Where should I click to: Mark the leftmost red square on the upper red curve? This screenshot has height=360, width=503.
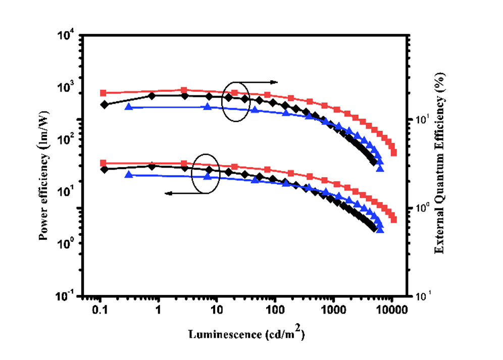[103, 93]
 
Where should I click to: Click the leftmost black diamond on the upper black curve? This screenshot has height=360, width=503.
[105, 105]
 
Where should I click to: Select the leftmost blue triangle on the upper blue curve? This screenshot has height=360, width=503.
[128, 107]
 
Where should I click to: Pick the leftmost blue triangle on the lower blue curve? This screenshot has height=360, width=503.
[128, 175]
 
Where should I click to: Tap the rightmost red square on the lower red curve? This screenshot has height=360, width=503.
[394, 220]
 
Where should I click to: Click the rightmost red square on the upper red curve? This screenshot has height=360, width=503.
[394, 152]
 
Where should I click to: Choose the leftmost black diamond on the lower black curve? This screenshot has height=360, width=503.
[105, 169]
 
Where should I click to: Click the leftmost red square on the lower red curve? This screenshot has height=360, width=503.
[103, 163]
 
